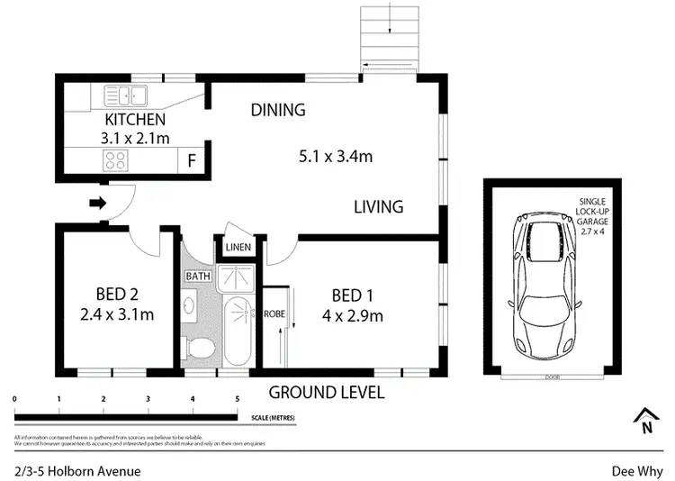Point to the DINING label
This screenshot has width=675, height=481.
pos(278,111)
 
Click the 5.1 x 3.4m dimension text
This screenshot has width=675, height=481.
pos(335,157)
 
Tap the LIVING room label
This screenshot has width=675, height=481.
pos(378,207)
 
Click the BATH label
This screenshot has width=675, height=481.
pos(196,276)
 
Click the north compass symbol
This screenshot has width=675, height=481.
pos(644,422)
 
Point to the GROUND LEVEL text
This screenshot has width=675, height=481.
pos(327,393)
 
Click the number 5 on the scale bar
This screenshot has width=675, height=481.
pos(237,398)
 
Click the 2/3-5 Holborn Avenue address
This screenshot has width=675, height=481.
pos(77,470)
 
